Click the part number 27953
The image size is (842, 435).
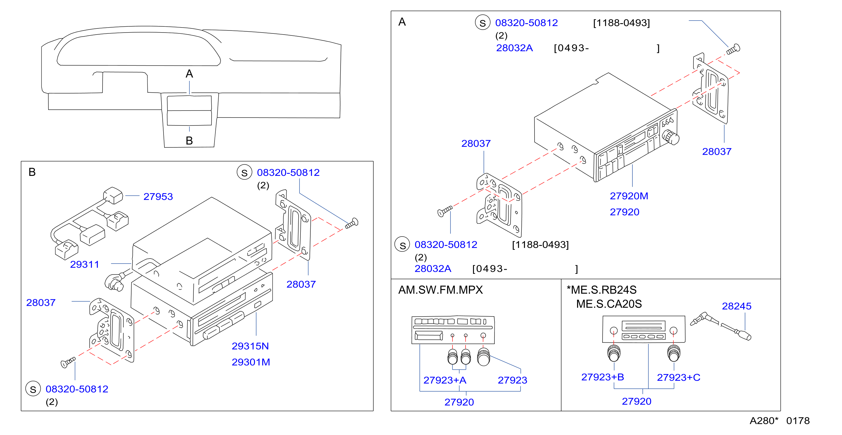pos(158,197)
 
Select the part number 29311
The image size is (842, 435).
pos(84,264)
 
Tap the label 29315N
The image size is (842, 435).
pos(250,346)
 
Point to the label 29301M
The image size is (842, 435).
pos(251,362)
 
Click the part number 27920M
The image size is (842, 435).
pos(629,196)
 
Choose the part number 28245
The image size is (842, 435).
pos(736,306)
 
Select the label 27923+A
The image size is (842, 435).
pos(445,380)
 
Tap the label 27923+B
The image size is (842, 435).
pos(602,377)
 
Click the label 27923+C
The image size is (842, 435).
pos(678,378)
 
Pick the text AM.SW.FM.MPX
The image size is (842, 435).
pos(440,290)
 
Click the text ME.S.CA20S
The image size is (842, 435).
pos(609,304)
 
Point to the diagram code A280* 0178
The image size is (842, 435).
pos(779,421)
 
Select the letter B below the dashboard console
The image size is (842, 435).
pos(189,141)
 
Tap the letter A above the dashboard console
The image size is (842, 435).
pos(189,74)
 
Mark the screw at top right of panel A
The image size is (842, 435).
pos(733,49)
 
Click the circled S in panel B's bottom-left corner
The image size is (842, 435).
pos(33,389)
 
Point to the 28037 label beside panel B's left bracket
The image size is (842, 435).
pos(41,303)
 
